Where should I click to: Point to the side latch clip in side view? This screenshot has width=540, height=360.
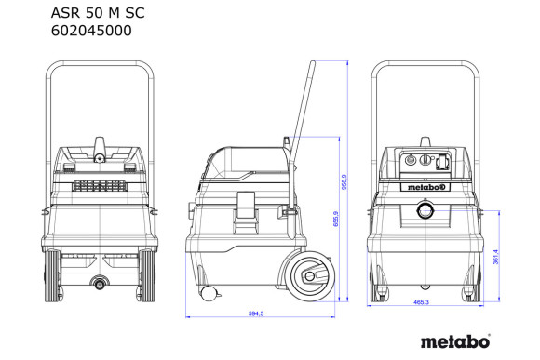[x=247, y=206]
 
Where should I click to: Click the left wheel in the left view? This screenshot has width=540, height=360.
[x=50, y=276]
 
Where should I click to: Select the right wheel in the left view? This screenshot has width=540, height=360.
[x=148, y=276]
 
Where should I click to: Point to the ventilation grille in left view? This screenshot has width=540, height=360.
[x=99, y=185]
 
